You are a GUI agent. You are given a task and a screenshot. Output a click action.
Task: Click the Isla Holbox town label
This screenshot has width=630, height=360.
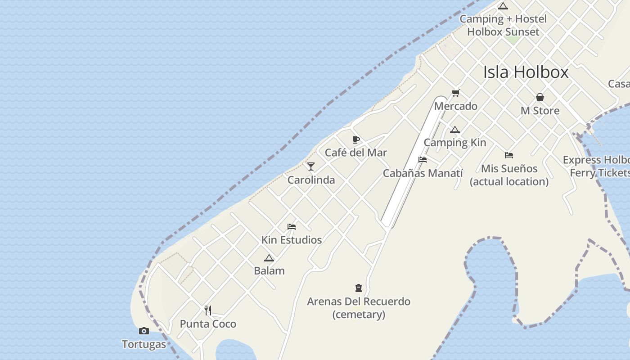pos(526,72)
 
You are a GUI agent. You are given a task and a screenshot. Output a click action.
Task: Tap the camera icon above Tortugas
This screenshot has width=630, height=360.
pos(144,331)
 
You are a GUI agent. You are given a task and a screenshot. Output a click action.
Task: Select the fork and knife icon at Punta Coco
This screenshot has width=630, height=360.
pos(208,310)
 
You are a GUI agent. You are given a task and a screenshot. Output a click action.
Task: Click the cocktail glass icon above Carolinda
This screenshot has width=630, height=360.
pos(311,166)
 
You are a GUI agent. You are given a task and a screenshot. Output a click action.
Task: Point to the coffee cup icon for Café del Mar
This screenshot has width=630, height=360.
pos(356,139)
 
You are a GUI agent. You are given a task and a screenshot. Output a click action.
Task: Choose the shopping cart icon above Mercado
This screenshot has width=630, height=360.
pos(455,93)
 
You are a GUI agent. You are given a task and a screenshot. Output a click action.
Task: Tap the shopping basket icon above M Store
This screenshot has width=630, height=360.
pos(540,97)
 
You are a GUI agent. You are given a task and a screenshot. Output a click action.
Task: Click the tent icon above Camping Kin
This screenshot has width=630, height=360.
pos(455,130)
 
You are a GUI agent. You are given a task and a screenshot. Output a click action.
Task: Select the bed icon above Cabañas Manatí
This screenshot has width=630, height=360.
pos(422,160)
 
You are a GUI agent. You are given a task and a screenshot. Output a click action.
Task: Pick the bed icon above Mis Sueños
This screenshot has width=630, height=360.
pos(509,155)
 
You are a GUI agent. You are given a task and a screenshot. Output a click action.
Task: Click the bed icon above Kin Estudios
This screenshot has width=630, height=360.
pos(292,227)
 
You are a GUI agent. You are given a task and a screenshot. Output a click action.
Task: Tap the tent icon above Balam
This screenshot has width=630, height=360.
pos(269,258)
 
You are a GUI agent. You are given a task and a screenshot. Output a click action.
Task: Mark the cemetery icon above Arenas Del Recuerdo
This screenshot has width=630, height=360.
pos(359,288)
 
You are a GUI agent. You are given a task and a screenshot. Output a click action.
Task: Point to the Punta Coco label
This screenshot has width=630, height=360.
pos(208,324)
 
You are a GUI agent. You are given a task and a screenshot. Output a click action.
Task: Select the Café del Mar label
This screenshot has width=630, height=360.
pos(356,153)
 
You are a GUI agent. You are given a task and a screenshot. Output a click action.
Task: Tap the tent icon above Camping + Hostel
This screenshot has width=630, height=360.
pos(503,6)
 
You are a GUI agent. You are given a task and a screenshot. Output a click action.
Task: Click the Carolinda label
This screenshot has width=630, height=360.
pos(311,180)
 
